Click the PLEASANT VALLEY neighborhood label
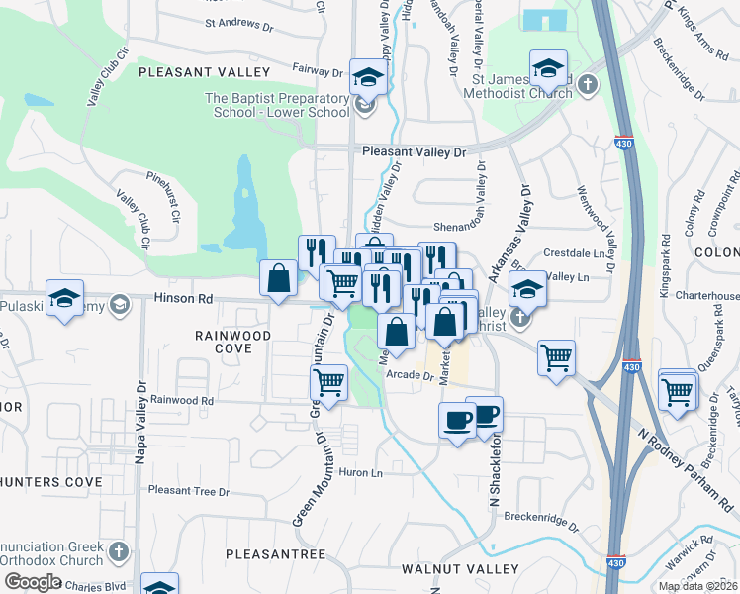[204, 72]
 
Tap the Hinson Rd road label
[177, 297]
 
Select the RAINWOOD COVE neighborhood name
[232, 343]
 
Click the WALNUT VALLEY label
[459, 569]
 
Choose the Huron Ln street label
[361, 473]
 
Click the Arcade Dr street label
[411, 376]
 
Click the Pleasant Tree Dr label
[188, 491]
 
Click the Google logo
[33, 581]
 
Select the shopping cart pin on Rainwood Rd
[328, 381]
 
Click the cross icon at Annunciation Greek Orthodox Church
[118, 550]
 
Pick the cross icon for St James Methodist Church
[589, 83]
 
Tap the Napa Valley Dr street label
[139, 422]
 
